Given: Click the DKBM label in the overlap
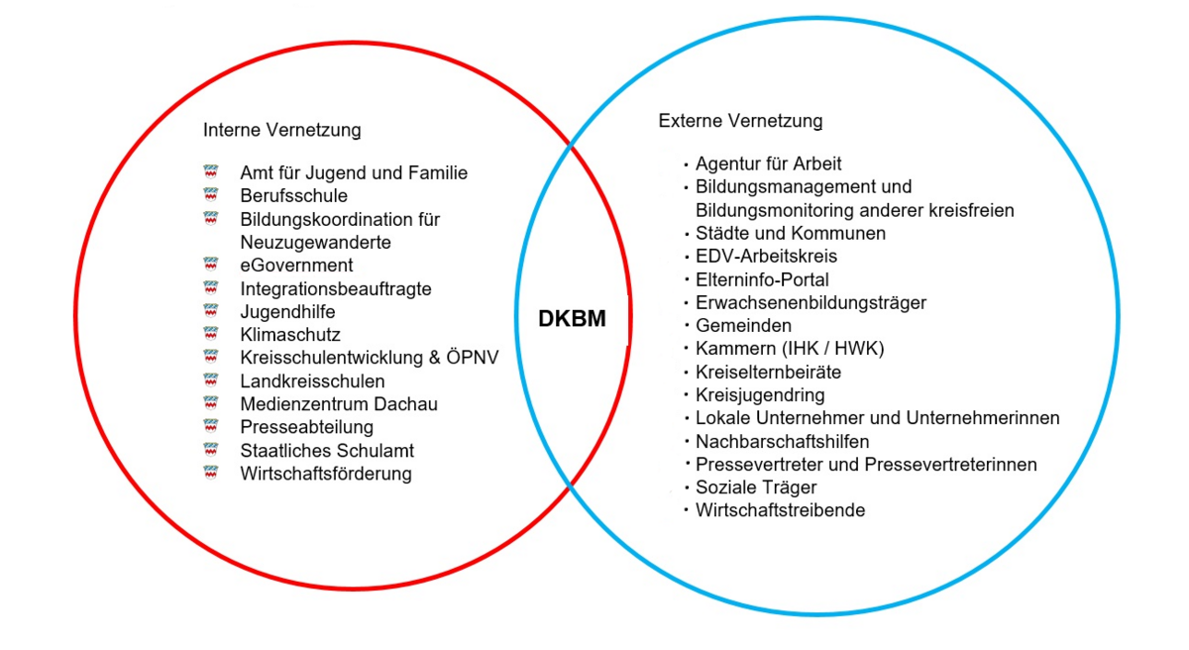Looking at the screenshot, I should pyautogui.click(x=571, y=319).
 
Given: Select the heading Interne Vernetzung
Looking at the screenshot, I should pyautogui.click(x=281, y=130).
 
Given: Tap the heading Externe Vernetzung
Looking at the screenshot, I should pyautogui.click(x=740, y=121).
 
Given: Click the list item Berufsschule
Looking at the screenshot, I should pyautogui.click(x=293, y=196).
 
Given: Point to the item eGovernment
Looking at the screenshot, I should pyautogui.click(x=296, y=266).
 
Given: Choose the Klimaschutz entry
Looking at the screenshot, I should pyautogui.click(x=289, y=335).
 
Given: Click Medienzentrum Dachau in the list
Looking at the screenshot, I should pyautogui.click(x=338, y=404).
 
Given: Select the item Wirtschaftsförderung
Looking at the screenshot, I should pyautogui.click(x=325, y=474).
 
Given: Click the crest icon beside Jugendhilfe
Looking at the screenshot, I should pyautogui.click(x=210, y=311).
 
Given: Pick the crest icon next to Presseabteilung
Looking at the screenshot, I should pyautogui.click(x=210, y=426).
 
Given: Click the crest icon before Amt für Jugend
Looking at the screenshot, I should pyautogui.click(x=210, y=172).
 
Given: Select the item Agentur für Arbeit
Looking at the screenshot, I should pyautogui.click(x=768, y=163).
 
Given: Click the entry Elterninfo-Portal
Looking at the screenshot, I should pyautogui.click(x=762, y=279).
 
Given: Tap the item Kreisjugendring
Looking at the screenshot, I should pyautogui.click(x=760, y=395).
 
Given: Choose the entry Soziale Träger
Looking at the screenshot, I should pyautogui.click(x=756, y=487).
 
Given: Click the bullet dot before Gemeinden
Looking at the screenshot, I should pyautogui.click(x=686, y=326).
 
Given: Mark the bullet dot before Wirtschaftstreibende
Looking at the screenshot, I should pyautogui.click(x=686, y=510).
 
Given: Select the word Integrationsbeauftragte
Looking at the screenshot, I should pyautogui.click(x=335, y=288).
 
